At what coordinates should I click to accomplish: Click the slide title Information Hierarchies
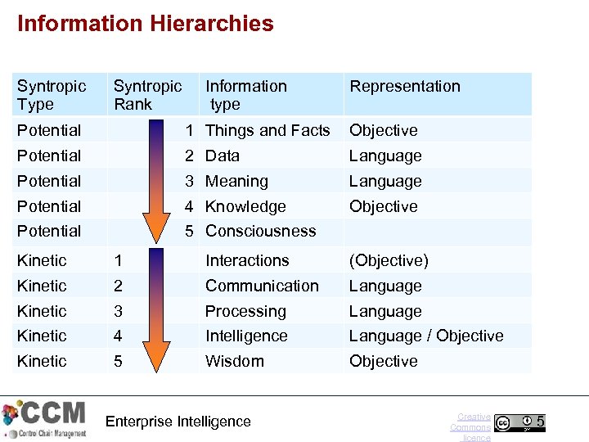click(x=146, y=23)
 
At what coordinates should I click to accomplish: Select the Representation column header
click(x=405, y=86)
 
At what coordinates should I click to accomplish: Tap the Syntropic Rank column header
click(x=147, y=95)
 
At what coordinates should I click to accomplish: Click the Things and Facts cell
click(x=268, y=130)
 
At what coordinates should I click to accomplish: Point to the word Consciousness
click(x=260, y=231)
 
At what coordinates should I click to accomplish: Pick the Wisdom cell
click(x=235, y=361)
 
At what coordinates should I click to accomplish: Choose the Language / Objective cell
click(x=426, y=336)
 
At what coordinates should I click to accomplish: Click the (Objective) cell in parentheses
click(x=389, y=260)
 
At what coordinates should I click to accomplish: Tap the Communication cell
click(x=262, y=286)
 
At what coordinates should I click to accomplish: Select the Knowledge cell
click(x=245, y=206)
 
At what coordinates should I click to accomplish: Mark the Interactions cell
click(x=247, y=260)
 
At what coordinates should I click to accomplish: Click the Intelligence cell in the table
click(x=246, y=336)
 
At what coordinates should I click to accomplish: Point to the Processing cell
click(x=245, y=311)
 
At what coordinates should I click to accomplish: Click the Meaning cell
click(x=236, y=181)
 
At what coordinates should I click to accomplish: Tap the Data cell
click(x=223, y=156)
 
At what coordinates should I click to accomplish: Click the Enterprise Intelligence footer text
click(x=178, y=422)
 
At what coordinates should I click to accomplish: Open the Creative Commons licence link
click(x=471, y=427)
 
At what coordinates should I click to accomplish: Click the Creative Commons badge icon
click(x=519, y=422)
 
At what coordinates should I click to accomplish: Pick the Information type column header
click(x=245, y=95)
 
